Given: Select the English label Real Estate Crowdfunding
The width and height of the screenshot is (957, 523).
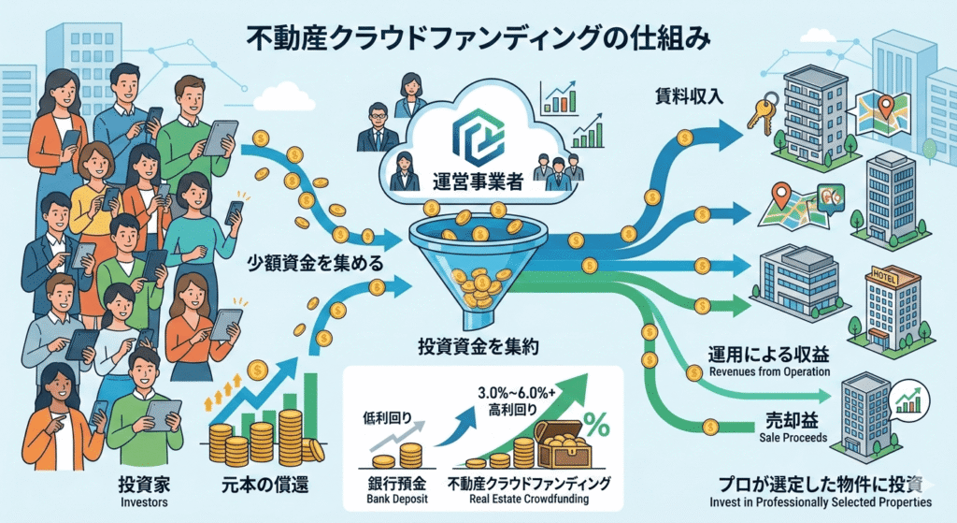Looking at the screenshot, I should pyautogui.click(x=529, y=500).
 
